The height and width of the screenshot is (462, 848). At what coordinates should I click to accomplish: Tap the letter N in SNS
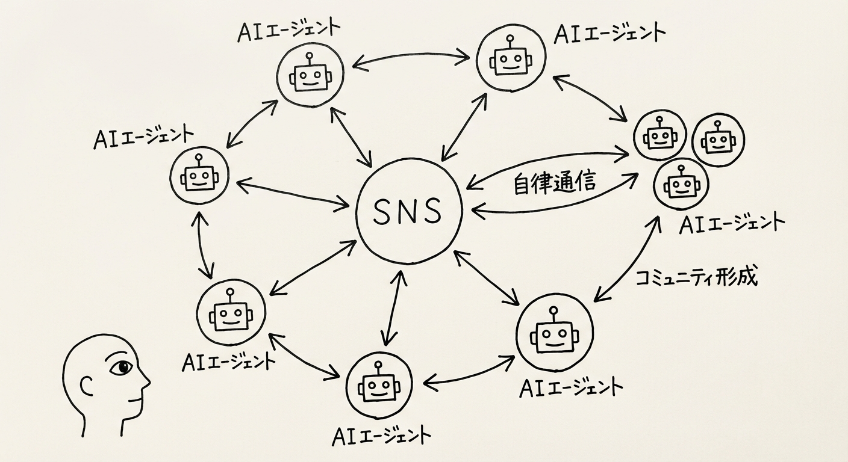click(x=408, y=211)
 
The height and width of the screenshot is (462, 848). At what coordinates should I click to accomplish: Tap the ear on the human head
click(x=87, y=385)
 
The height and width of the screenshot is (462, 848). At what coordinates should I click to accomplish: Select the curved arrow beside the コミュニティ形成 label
click(x=626, y=259)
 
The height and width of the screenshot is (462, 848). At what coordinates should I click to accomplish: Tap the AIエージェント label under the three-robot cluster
click(x=731, y=222)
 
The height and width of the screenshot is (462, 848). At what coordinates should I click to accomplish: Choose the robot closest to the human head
click(x=229, y=312)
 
